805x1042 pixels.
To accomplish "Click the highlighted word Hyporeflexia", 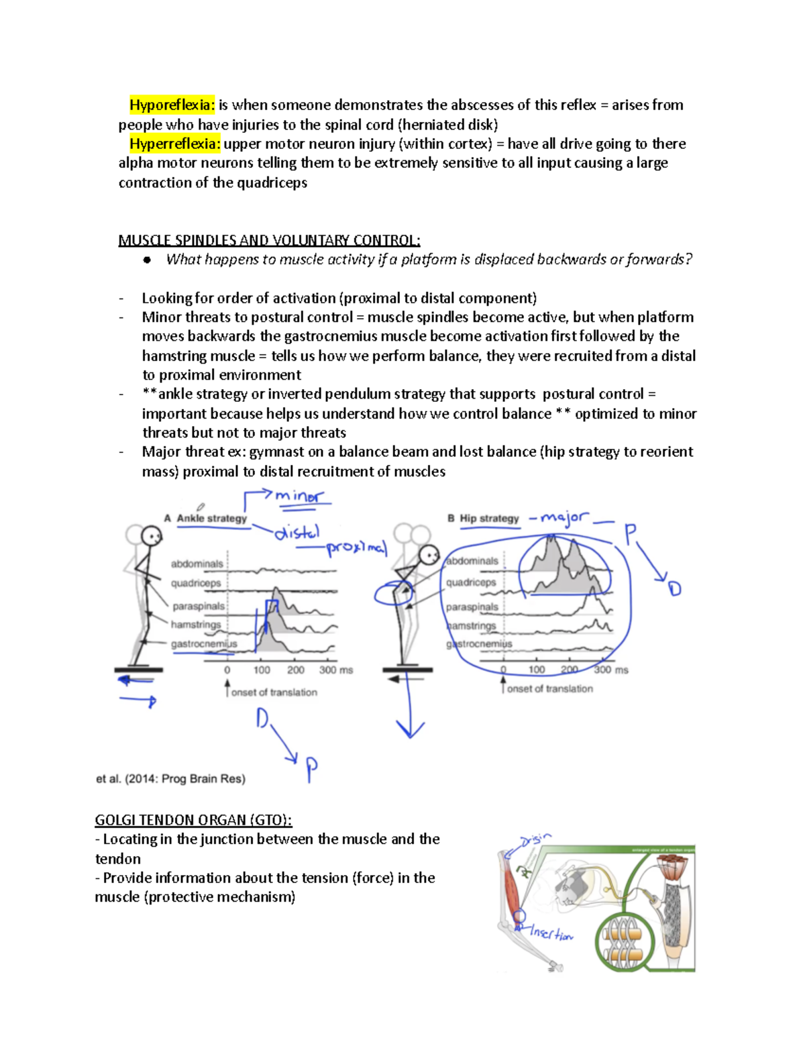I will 172,105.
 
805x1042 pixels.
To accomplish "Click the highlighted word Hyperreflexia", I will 174,144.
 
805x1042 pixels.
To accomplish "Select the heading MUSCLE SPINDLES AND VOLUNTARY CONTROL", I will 269,240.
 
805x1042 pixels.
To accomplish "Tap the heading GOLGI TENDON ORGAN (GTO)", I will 193,820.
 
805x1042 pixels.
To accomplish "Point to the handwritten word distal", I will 297,533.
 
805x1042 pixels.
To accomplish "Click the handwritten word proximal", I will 357,548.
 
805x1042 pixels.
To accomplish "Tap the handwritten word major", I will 565,517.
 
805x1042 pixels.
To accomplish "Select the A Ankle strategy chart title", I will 205,518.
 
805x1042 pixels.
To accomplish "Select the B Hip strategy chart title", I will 483,518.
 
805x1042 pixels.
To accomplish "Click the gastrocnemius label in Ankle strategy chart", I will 203,643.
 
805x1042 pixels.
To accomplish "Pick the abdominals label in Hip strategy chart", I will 472,561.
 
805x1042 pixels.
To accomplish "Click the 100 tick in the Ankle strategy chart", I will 262,670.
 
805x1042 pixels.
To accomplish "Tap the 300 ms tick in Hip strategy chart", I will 610,670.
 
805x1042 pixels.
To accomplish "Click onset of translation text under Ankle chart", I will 274,692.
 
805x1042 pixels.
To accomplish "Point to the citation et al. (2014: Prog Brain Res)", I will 170,778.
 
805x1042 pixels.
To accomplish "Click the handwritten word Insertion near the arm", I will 551,933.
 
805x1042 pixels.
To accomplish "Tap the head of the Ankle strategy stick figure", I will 152,536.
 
